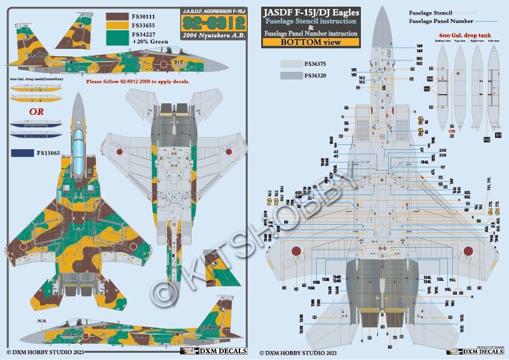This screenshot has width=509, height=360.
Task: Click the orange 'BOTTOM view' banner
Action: click(311, 43)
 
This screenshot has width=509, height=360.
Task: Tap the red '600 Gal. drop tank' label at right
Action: click(460, 37)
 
